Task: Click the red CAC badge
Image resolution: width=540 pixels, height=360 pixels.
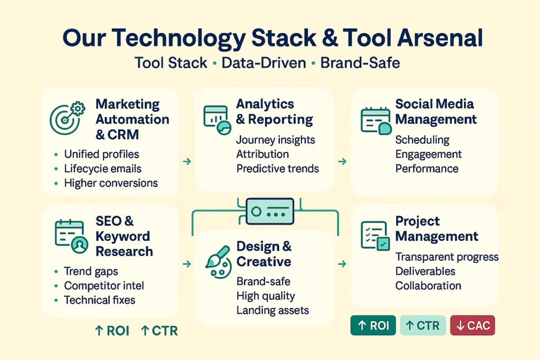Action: (x=472, y=326)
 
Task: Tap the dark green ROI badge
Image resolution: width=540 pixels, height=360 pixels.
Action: (x=373, y=326)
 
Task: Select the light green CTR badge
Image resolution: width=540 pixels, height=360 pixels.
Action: (x=423, y=326)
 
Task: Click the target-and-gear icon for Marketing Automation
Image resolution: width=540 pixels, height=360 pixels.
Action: (x=67, y=116)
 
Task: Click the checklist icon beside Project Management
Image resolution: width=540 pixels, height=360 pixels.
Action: (x=375, y=235)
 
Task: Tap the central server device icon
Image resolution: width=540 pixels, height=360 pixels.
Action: (x=269, y=211)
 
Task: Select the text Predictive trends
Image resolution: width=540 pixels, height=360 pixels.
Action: (x=277, y=169)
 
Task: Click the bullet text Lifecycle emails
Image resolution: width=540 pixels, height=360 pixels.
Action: (x=102, y=169)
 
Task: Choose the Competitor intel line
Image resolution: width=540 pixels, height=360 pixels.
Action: (x=104, y=286)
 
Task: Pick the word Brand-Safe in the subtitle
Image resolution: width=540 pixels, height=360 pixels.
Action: (x=360, y=63)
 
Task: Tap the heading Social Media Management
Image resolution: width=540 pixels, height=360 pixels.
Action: (x=436, y=111)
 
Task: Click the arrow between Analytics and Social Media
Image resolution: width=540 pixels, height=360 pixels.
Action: (x=342, y=161)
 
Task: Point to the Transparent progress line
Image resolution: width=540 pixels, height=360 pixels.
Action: (x=447, y=257)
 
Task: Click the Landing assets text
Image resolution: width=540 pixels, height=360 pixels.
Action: (x=273, y=310)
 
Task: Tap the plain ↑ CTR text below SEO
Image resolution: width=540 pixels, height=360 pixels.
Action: (x=159, y=331)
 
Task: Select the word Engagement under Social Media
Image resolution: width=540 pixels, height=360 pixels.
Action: (x=428, y=154)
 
